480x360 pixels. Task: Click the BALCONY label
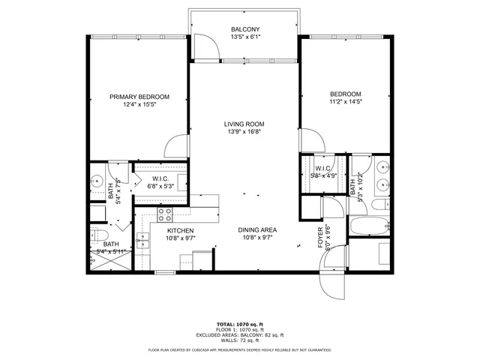point(244,30)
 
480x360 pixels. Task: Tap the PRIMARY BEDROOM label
point(139,97)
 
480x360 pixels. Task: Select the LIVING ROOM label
point(244,124)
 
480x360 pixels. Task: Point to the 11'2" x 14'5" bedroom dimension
point(346,103)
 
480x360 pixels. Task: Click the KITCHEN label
point(181,230)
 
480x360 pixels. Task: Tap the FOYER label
point(320,235)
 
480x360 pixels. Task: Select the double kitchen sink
point(142,241)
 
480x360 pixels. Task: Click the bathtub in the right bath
point(368,225)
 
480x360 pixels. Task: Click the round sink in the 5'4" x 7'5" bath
point(97,181)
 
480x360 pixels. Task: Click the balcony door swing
point(206,48)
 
